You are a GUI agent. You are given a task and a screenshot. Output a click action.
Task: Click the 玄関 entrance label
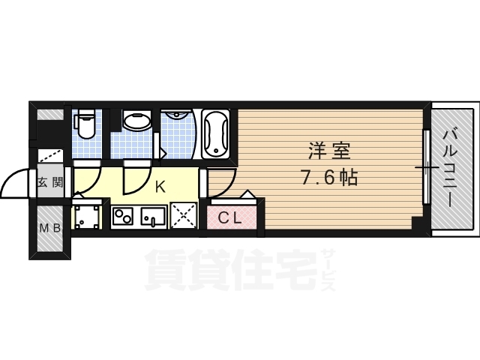point(50,182)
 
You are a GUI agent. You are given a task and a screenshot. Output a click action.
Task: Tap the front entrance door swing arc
point(15,184)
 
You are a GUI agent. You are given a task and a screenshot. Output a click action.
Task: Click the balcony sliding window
point(427,169)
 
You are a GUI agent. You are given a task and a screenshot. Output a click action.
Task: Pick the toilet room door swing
point(88,178)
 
